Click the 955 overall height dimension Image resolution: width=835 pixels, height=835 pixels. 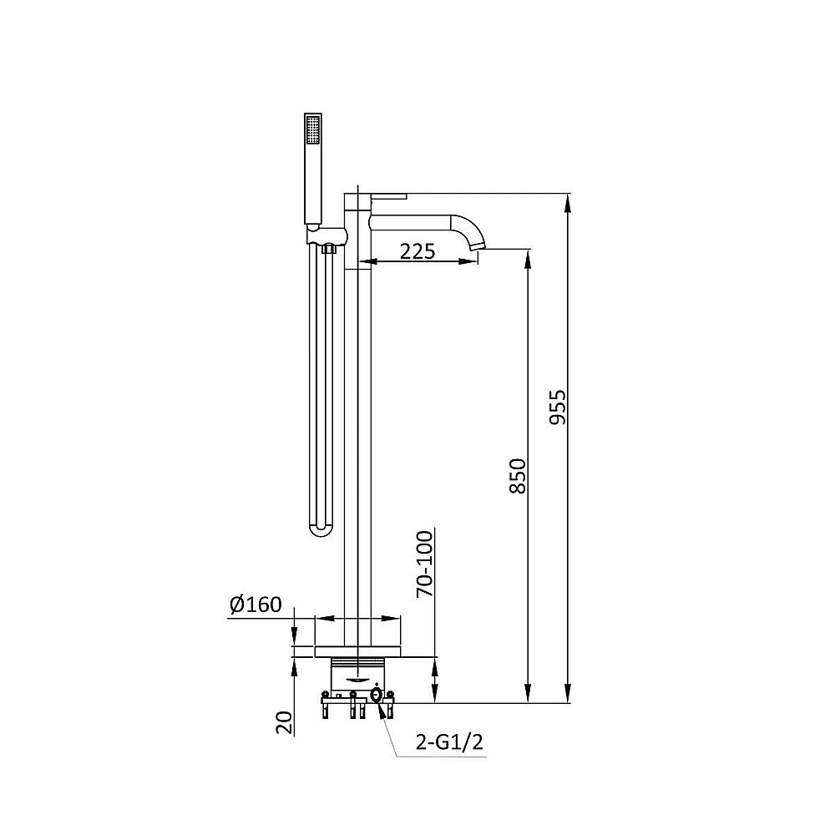pos(557,407)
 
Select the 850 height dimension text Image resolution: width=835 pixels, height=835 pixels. pos(517,476)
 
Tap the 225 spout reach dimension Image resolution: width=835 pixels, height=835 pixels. pos(417,250)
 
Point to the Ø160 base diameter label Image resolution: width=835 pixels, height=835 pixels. pos(256,605)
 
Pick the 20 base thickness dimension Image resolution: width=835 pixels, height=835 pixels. pos(285,722)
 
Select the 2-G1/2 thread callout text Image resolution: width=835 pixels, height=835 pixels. pos(449,741)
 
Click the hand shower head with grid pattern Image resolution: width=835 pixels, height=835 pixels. pos(312,128)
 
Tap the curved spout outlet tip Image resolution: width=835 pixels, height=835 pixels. pos(478,244)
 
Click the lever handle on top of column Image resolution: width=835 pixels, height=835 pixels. pos(389,196)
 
